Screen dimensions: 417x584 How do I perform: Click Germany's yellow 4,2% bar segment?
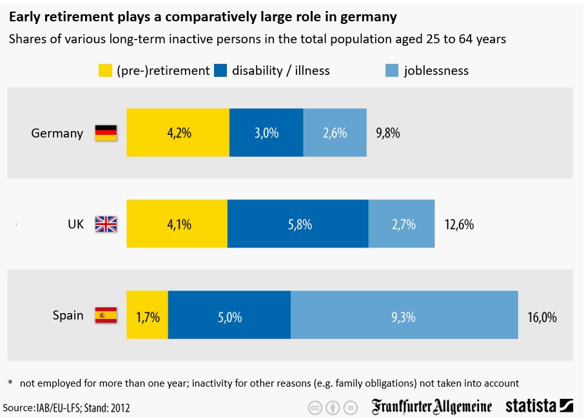click(178, 133)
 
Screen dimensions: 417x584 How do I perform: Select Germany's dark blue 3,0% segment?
click(266, 133)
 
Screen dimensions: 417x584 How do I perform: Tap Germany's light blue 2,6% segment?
click(335, 133)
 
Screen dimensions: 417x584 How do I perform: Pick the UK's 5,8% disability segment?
click(298, 224)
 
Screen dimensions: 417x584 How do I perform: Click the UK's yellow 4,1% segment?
click(177, 224)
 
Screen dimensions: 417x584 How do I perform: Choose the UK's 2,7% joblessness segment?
click(402, 224)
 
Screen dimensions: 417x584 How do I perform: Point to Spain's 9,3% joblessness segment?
click(404, 315)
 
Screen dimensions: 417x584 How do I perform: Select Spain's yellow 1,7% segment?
click(148, 315)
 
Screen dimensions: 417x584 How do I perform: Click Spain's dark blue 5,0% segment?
click(229, 315)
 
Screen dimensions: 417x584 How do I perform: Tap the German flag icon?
click(106, 133)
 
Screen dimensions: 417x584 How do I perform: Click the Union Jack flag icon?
click(106, 224)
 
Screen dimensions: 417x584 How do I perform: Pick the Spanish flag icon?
click(106, 316)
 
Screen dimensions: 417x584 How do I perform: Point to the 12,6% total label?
click(460, 225)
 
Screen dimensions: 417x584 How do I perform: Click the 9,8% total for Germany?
click(388, 134)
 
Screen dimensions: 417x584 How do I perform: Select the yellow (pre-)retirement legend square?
click(104, 70)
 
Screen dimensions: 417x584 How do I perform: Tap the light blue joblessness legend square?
click(391, 70)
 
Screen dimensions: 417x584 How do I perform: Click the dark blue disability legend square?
click(220, 70)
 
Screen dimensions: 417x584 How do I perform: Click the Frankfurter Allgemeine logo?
click(431, 407)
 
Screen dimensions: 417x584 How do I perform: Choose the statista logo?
click(539, 406)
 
